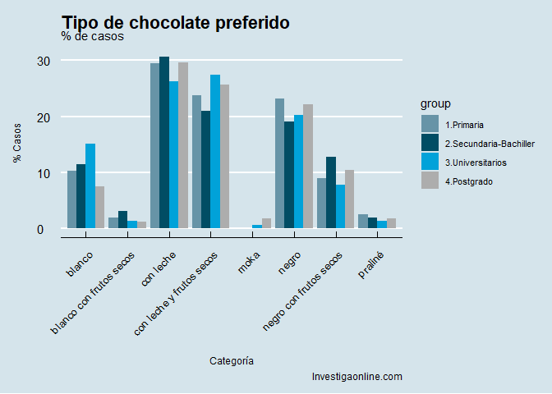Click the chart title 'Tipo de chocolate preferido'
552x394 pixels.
(175, 23)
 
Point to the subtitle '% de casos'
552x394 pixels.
(92, 36)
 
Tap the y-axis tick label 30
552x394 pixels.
(44, 61)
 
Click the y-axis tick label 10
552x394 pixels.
(44, 173)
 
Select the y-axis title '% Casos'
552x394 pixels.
(17, 144)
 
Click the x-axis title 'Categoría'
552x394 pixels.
(231, 360)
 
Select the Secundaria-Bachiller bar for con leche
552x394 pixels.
(164, 143)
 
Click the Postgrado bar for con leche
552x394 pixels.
(183, 145)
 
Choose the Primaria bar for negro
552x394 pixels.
(279, 163)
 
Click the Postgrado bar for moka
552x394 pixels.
(266, 223)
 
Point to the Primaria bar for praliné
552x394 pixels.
(363, 222)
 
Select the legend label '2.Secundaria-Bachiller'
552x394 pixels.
(489, 144)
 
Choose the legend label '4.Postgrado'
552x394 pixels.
(468, 181)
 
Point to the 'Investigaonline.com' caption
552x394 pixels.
(356, 377)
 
